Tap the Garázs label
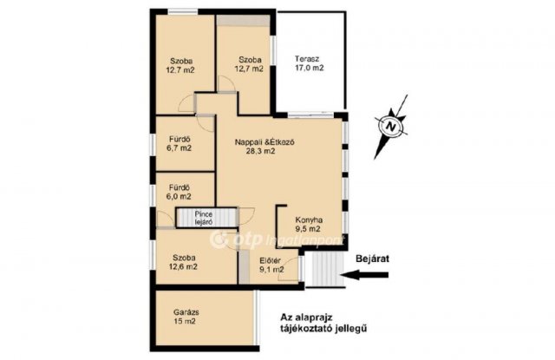[186, 312]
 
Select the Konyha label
[309, 220]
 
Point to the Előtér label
[270, 261]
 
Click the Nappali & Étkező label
[264, 142]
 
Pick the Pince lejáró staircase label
[204, 218]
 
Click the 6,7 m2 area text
[180, 148]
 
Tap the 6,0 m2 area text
[180, 196]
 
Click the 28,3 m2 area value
[260, 151]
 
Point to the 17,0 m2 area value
[310, 68]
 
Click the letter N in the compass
[390, 126]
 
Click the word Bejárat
[372, 259]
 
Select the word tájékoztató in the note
[305, 329]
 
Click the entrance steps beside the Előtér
[324, 269]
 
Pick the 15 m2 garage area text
[185, 322]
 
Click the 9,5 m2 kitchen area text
[308, 229]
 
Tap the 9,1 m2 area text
[271, 270]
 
